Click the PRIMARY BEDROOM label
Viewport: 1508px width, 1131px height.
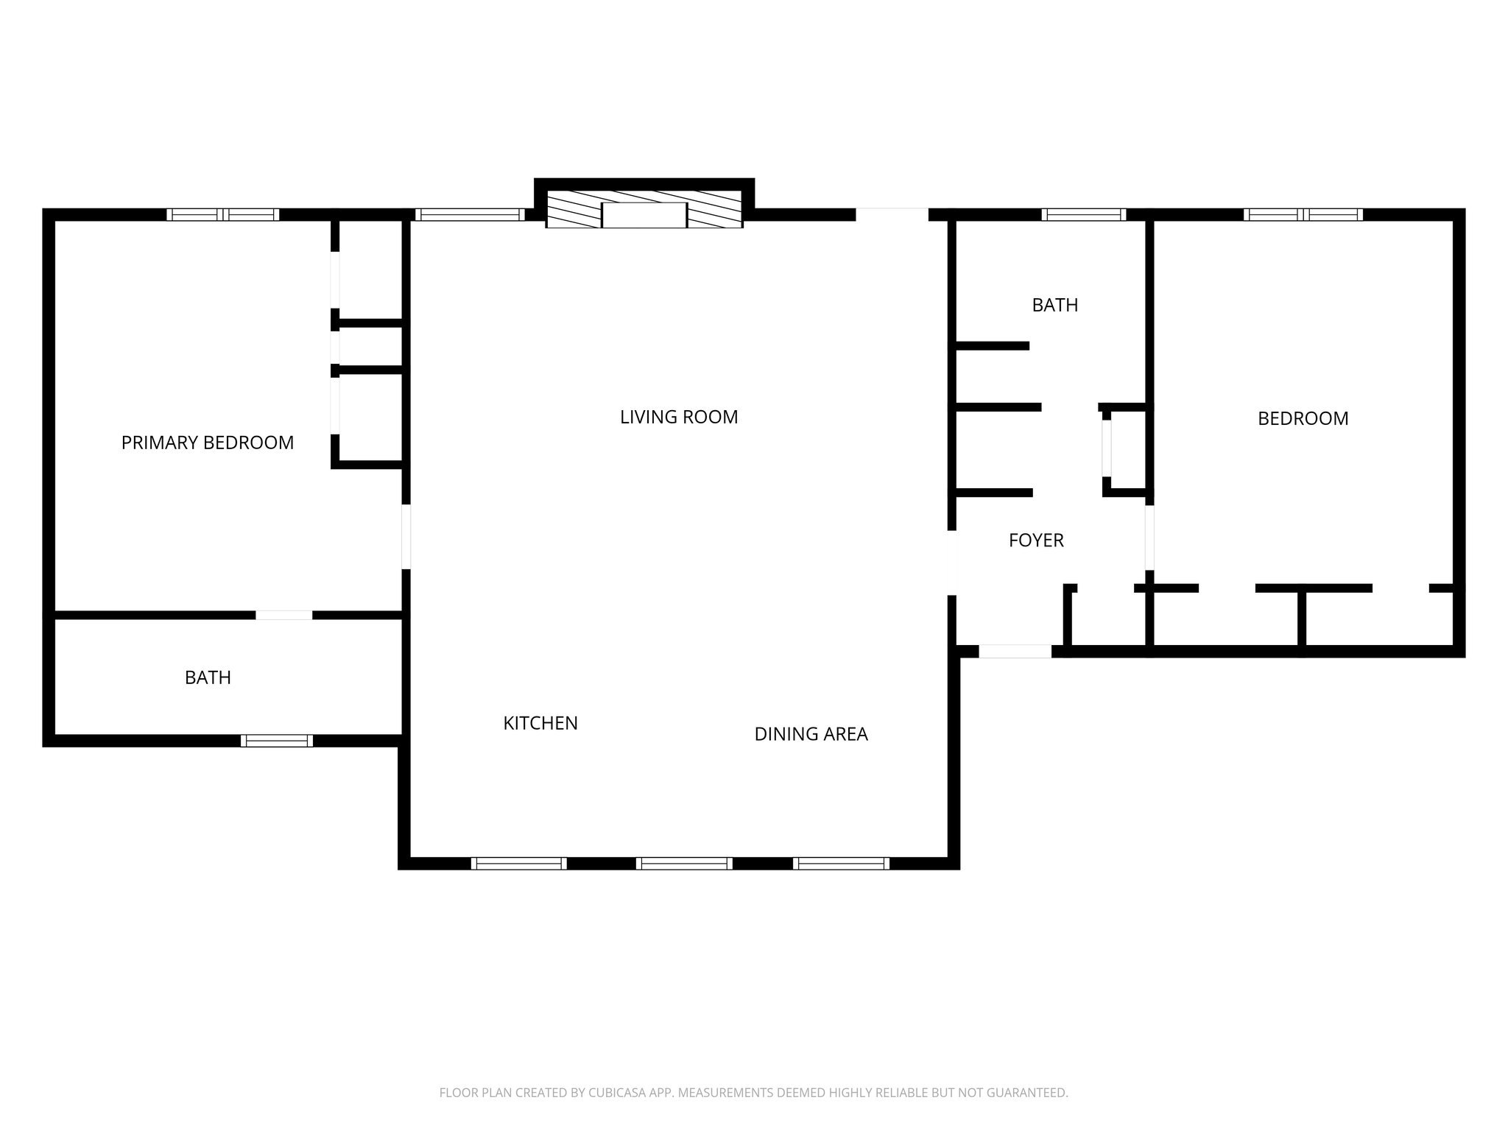pos(207,443)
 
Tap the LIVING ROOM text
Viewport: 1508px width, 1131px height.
pos(678,417)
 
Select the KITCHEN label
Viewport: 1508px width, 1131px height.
pos(540,723)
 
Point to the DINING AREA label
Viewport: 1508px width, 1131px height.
pos(811,734)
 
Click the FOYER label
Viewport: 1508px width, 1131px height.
pos(1036,540)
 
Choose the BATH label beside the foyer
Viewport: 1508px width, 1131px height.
pos(1054,305)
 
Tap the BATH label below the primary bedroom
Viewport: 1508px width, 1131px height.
pos(208,677)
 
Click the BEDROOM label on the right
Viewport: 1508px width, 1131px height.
pos(1303,419)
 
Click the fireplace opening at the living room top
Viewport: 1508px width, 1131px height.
pos(644,215)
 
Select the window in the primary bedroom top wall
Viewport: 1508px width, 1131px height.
pos(222,215)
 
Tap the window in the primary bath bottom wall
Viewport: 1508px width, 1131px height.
pos(276,741)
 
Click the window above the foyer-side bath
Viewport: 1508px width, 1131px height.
pos(1083,215)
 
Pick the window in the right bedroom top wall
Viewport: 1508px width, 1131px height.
pos(1303,215)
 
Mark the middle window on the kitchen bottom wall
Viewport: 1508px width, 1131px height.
pos(683,864)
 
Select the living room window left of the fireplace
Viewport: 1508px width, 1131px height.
pos(470,215)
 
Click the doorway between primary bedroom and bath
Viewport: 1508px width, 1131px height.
pos(284,615)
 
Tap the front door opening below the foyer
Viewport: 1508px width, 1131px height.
pos(1015,652)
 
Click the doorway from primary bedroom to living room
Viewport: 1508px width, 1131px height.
pos(406,536)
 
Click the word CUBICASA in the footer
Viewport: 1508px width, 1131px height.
pos(616,1093)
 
